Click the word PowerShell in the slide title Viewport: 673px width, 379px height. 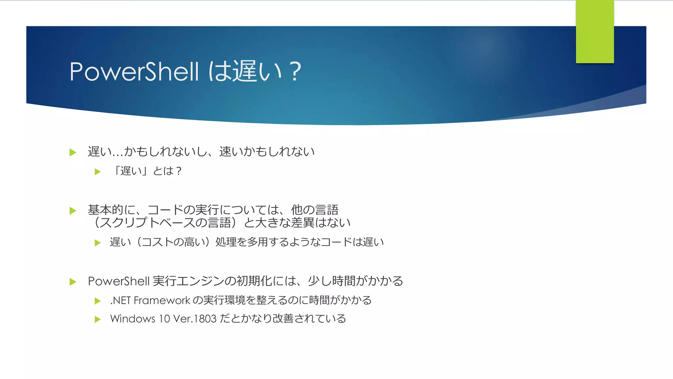tap(134, 71)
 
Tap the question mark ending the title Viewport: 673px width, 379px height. tap(295, 71)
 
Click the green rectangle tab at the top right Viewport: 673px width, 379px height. tap(595, 32)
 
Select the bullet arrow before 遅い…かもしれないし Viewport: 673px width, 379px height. tap(73, 152)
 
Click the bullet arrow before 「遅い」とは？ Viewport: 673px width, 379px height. tap(98, 171)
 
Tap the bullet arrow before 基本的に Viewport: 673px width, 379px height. tap(73, 211)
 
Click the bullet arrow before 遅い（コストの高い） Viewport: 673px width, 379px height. tap(98, 243)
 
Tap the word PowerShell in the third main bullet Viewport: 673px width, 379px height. tap(119, 281)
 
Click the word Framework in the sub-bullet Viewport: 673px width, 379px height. tap(162, 300)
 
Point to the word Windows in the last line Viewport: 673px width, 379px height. tap(132, 319)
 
